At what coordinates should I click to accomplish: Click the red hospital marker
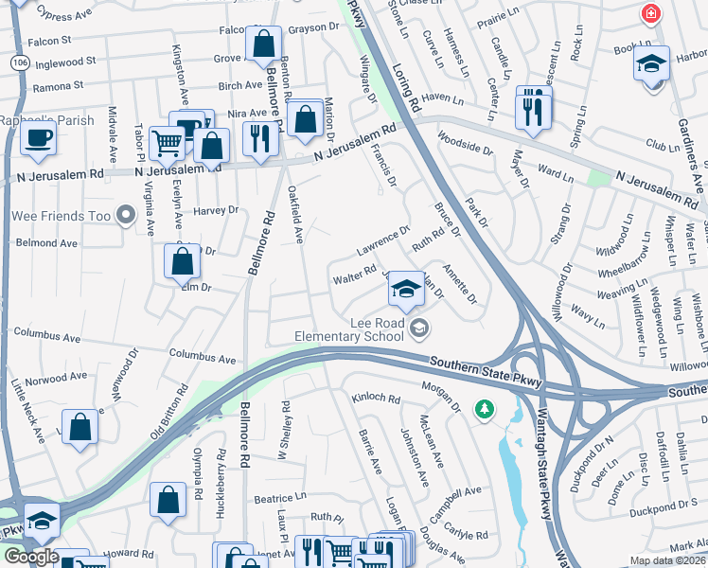[650, 13]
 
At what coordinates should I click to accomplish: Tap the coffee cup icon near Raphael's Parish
[38, 137]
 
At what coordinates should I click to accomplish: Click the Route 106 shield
[19, 61]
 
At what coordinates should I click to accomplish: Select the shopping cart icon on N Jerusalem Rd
[167, 144]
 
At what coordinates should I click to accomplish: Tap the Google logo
[30, 557]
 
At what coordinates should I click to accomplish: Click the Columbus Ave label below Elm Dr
[202, 357]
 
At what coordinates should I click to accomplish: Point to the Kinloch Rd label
[375, 399]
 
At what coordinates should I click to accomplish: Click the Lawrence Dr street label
[382, 240]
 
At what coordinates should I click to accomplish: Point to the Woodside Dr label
[465, 143]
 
